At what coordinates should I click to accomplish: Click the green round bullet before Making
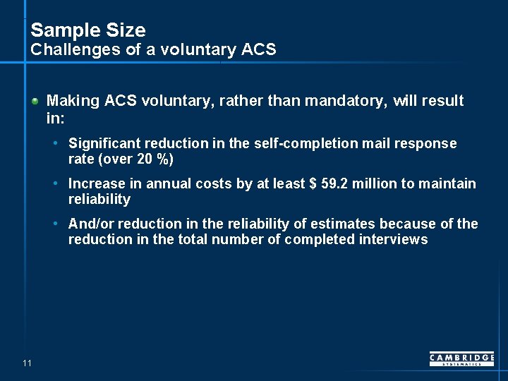point(35,102)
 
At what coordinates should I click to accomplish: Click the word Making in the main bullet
point(73,101)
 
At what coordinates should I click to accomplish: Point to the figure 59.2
point(335,184)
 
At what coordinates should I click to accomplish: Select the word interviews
point(394,240)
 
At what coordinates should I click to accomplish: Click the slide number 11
point(27,363)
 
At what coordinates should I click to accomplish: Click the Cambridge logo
point(461,359)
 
